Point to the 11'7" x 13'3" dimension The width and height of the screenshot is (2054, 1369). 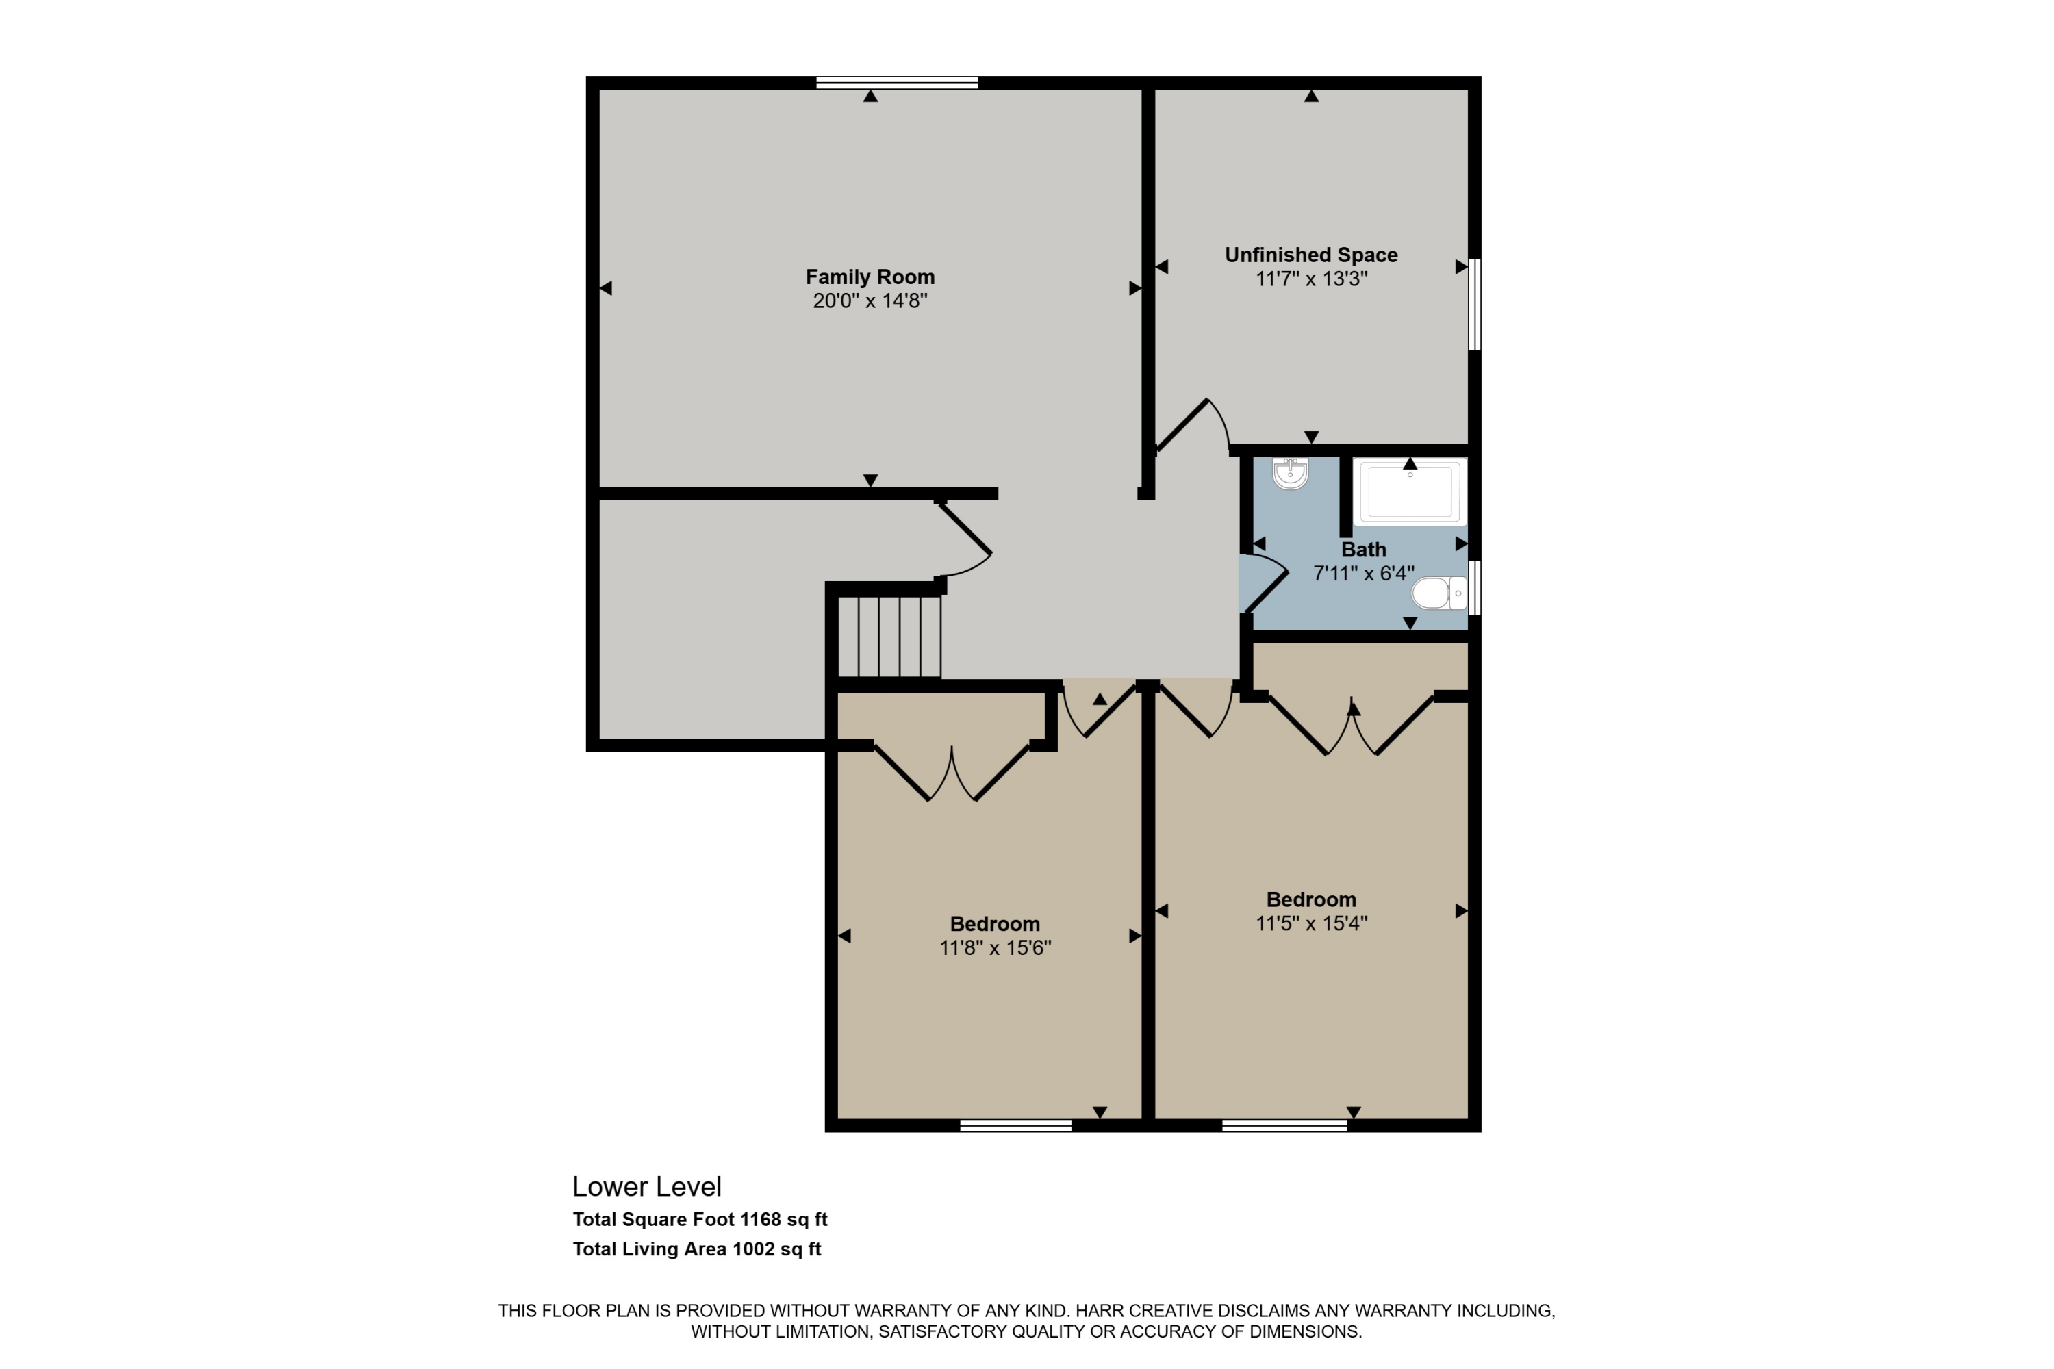1311,279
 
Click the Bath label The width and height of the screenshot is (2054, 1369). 1363,550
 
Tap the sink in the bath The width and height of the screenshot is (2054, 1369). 1290,474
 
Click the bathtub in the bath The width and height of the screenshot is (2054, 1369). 1410,491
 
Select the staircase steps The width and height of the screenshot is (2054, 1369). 889,637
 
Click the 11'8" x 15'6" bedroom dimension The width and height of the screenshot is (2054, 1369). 995,947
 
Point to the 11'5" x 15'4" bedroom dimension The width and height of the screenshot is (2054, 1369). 1311,923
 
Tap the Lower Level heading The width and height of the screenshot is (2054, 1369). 646,1186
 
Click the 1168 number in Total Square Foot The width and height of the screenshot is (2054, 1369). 760,1219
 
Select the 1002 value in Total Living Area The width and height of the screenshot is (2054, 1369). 752,1249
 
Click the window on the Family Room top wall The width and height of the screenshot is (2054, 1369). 897,83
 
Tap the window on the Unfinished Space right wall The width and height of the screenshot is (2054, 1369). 1474,303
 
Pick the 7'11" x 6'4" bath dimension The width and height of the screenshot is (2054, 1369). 1363,574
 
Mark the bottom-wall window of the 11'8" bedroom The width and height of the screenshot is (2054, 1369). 1015,1125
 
